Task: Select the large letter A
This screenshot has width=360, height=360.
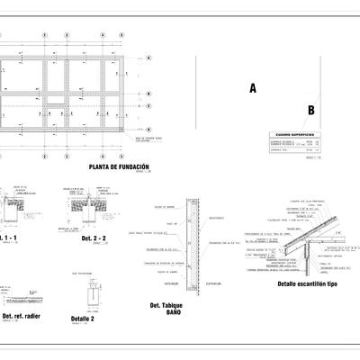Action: point(253,88)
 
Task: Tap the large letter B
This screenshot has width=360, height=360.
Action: point(310,111)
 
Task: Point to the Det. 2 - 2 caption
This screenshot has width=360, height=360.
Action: point(94,239)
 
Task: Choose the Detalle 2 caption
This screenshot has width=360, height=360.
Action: point(82,319)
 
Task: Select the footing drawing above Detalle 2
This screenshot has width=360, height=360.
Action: point(92,293)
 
